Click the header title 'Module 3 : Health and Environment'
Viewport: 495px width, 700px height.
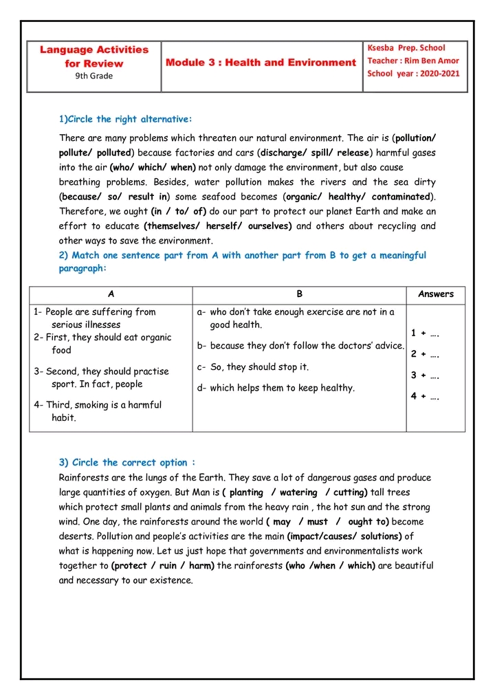click(261, 63)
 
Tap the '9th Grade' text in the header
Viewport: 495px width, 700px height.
click(94, 76)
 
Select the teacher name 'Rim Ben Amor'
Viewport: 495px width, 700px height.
click(432, 61)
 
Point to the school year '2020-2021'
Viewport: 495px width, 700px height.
click(440, 74)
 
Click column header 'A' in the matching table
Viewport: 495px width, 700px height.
click(111, 294)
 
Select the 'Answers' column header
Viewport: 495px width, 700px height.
click(436, 294)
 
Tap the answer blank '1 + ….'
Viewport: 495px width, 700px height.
click(426, 333)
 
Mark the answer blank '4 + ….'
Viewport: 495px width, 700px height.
click(426, 396)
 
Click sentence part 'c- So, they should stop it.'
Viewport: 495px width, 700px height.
click(253, 367)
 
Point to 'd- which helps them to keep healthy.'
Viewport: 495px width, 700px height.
click(276, 388)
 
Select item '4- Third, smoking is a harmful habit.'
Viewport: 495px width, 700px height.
click(98, 411)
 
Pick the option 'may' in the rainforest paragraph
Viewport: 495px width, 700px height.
click(282, 522)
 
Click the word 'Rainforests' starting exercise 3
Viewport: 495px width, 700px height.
click(85, 477)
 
